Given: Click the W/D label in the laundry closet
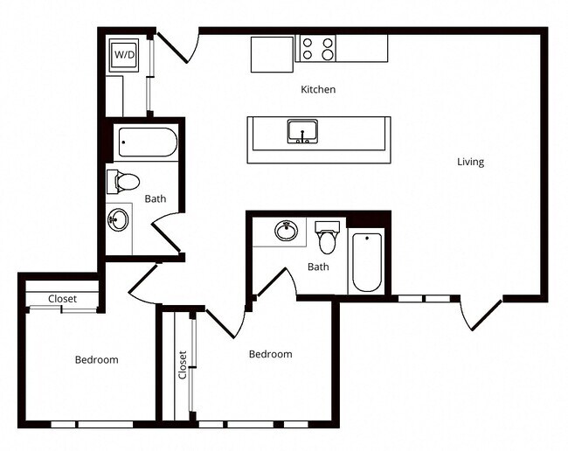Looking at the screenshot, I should [125, 55].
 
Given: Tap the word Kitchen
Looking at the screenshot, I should [318, 89].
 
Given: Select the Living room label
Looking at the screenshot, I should [470, 162].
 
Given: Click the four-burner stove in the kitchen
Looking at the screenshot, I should [317, 48].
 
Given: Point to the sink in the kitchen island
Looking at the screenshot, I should [301, 132].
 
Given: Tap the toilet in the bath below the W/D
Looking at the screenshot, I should [124, 182].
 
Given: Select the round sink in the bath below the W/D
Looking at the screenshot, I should [118, 219].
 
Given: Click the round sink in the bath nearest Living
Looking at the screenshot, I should [286, 232].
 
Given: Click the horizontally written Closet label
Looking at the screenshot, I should [62, 299].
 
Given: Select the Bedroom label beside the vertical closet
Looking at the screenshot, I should [270, 354].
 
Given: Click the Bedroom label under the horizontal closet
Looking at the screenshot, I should [96, 359].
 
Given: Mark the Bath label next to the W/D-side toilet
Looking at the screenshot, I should [156, 198].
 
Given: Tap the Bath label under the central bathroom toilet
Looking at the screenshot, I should [318, 267].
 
